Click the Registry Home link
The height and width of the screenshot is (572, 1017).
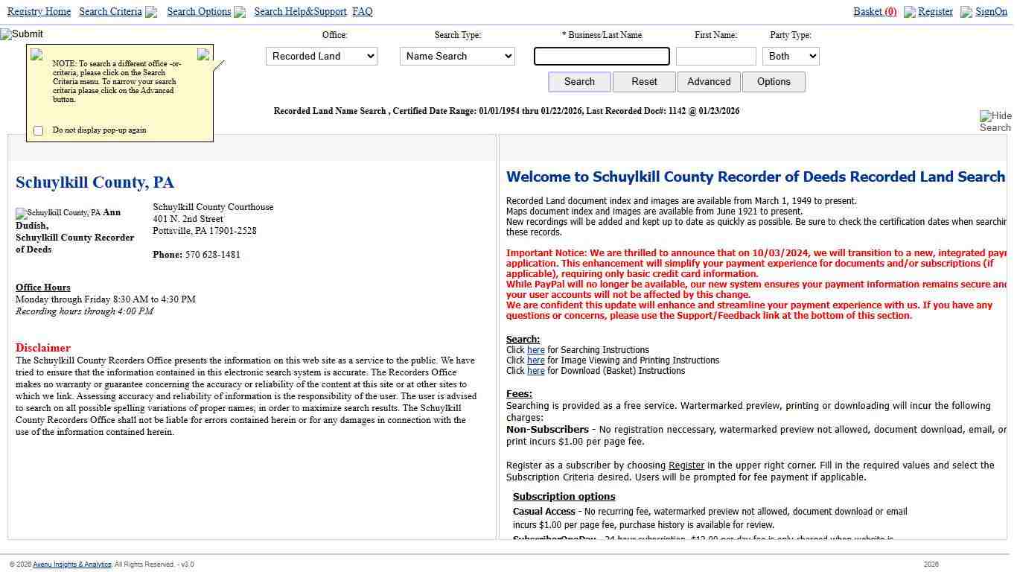tap(39, 12)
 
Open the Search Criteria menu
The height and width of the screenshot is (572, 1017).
tap(110, 12)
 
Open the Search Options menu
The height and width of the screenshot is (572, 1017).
tap(199, 12)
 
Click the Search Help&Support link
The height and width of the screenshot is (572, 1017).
tap(300, 12)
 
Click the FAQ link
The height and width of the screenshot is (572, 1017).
tap(363, 12)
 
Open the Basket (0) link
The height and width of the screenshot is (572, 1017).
tap(875, 12)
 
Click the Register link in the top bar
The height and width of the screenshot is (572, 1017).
tap(935, 12)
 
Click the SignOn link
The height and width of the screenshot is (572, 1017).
tap(991, 12)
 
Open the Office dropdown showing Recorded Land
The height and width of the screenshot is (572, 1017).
tap(322, 57)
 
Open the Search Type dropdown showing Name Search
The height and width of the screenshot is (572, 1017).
tap(457, 57)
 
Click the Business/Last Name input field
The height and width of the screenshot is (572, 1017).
tap(602, 57)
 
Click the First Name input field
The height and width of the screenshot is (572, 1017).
tap(715, 57)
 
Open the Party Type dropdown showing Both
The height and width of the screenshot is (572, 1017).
tap(791, 57)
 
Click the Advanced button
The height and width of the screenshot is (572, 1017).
tap(709, 82)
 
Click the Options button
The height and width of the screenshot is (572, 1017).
tap(774, 82)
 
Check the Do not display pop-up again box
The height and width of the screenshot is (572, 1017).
tap(39, 131)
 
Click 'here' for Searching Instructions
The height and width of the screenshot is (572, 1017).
tap(536, 350)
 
